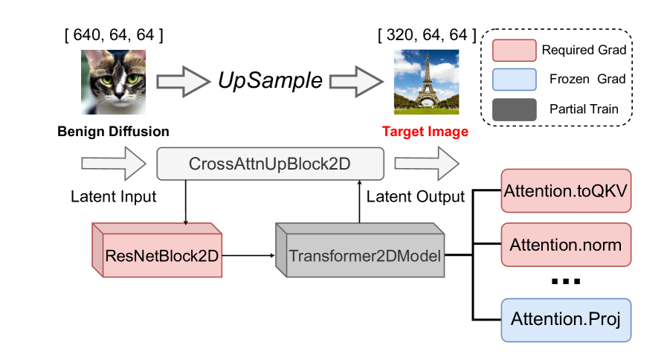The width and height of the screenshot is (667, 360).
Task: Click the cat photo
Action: (x=113, y=82)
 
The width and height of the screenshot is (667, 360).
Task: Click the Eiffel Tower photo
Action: (x=425, y=82)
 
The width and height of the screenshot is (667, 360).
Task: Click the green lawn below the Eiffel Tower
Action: (x=425, y=109)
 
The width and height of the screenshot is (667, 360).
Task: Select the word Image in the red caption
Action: (x=448, y=132)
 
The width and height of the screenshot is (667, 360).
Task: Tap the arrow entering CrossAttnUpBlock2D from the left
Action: (x=113, y=163)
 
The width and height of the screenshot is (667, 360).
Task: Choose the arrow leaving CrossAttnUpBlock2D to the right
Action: (x=426, y=163)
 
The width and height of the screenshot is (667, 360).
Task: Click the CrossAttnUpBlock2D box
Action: (x=270, y=164)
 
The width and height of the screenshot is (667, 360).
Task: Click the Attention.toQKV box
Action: (x=566, y=190)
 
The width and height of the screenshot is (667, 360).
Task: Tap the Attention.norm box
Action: (x=566, y=245)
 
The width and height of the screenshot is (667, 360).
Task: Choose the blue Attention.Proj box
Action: (x=566, y=321)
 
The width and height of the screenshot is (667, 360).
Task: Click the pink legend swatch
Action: (x=514, y=51)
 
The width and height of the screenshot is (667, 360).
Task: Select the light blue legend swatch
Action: (x=514, y=80)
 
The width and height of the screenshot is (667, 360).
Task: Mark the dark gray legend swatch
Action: (x=514, y=109)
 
